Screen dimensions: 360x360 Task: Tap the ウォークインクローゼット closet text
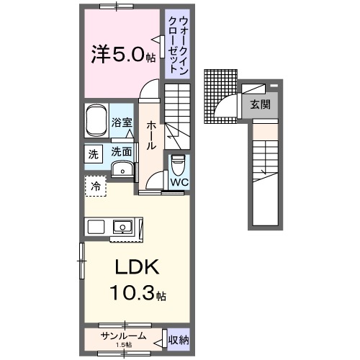[174, 44]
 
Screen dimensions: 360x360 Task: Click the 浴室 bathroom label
[122, 122]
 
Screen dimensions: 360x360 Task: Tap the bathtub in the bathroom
[96, 122]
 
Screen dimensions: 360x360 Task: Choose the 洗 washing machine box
[94, 153]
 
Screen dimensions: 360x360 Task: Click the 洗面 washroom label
[122, 152]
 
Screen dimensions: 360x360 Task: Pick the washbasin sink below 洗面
[123, 171]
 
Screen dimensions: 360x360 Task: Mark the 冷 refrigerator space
[95, 186]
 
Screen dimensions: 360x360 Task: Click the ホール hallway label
[151, 134]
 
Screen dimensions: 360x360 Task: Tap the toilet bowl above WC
[178, 165]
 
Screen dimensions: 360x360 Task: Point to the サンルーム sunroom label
[123, 336]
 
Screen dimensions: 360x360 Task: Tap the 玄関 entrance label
[260, 104]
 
